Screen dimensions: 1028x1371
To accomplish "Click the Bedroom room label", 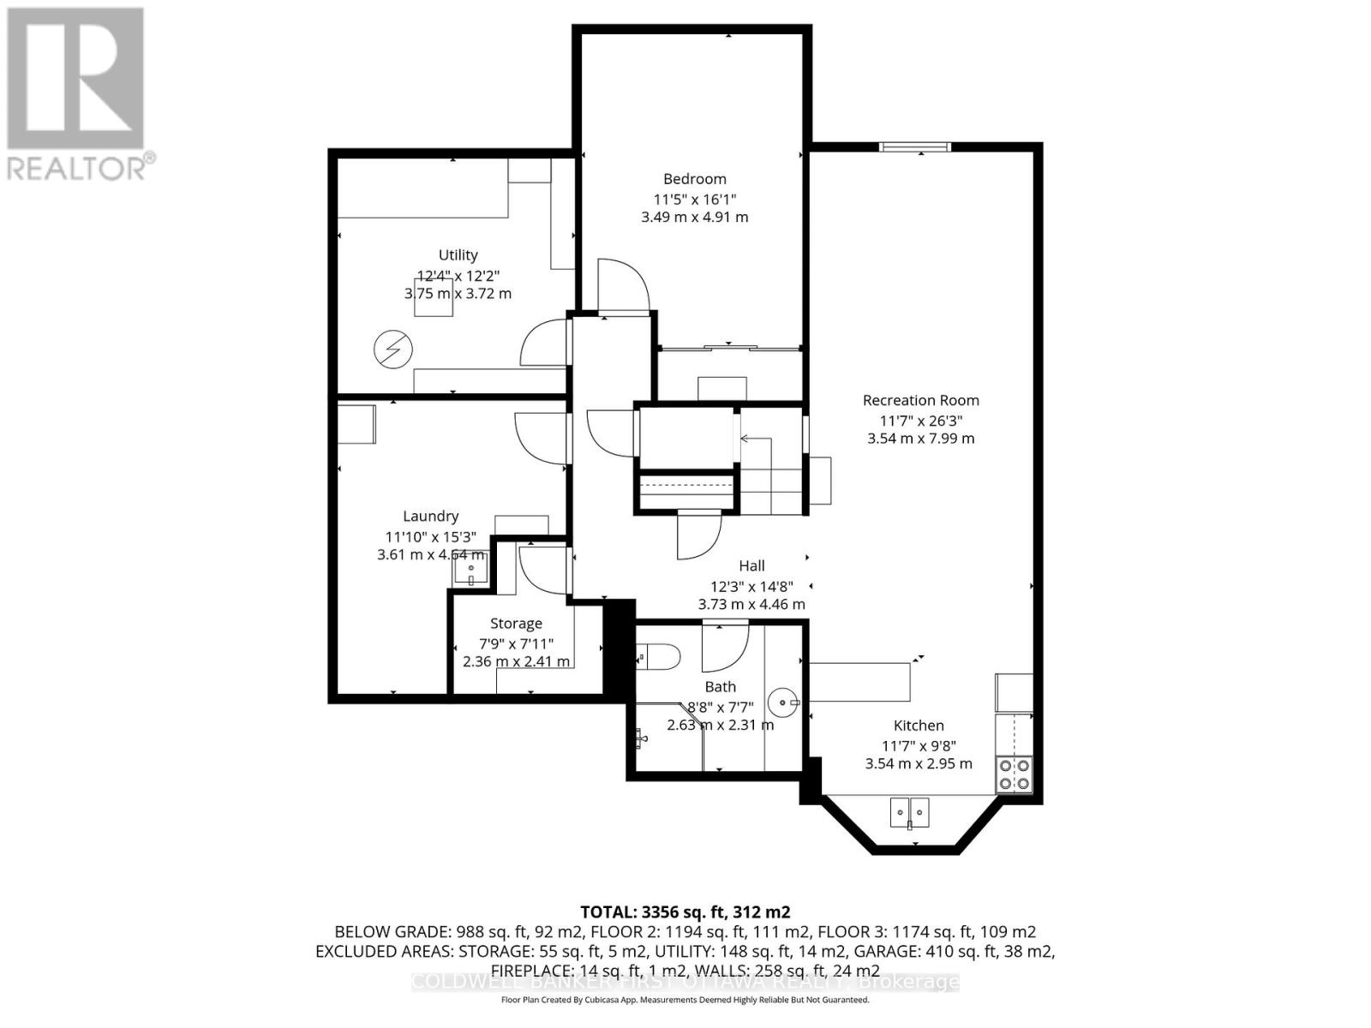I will coord(694,179).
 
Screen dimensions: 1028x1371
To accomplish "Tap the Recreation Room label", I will coord(920,400).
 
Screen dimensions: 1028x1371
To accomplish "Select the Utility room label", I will coord(458,255).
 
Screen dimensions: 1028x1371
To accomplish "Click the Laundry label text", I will coord(430,516).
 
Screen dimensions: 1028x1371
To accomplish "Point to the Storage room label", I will coord(516,624).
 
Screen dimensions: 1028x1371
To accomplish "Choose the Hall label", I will coord(751,565).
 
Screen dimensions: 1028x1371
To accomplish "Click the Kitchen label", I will coord(919,726).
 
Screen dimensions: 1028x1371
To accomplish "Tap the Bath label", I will coord(720,686).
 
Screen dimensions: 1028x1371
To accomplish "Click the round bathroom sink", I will coord(782,703).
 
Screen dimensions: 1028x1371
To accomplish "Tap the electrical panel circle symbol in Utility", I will coord(393,350).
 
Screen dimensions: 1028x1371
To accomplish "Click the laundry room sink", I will coord(470,569).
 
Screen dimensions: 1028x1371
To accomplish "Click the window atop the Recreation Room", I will coord(916,147).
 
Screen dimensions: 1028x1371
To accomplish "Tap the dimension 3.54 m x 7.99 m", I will coord(920,439).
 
